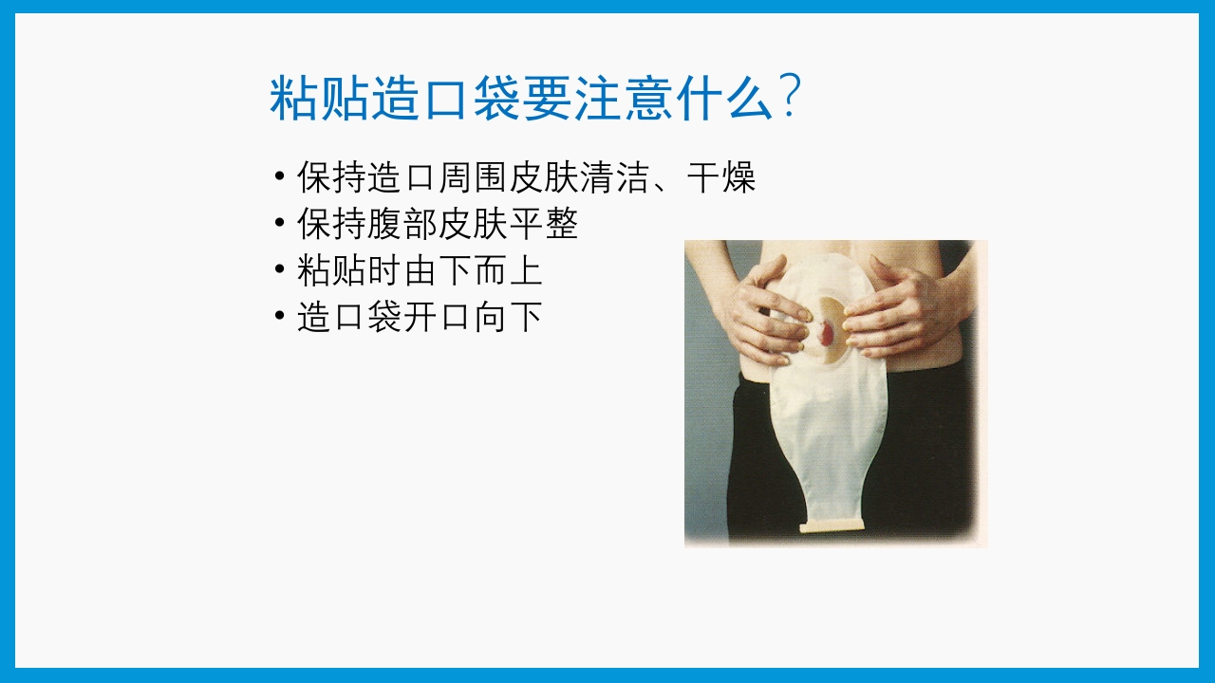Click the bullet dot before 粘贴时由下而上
(x=279, y=270)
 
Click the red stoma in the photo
(x=829, y=334)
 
